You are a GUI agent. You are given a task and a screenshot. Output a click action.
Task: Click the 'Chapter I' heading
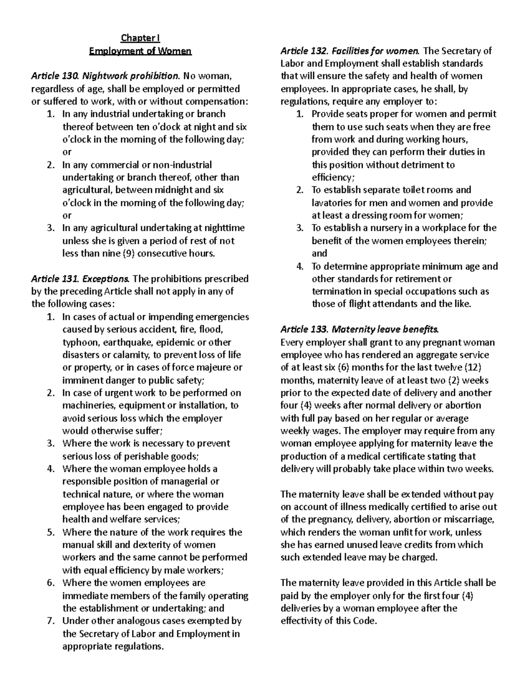[140, 38]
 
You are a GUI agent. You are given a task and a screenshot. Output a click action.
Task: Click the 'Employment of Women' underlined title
[140, 51]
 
